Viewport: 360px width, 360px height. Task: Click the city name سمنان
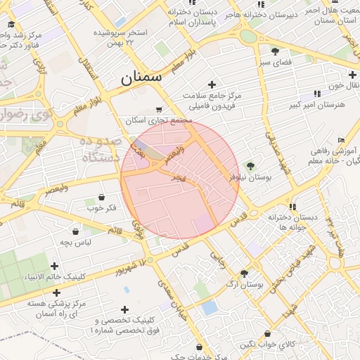click(141, 77)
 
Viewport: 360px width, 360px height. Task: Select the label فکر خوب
click(101, 208)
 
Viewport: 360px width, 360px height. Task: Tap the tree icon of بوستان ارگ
click(244, 274)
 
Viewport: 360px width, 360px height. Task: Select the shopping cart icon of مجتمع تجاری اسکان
click(160, 109)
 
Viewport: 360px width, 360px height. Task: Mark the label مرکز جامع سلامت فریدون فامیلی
click(211, 100)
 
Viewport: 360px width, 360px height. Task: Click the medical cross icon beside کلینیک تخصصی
click(124, 309)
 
